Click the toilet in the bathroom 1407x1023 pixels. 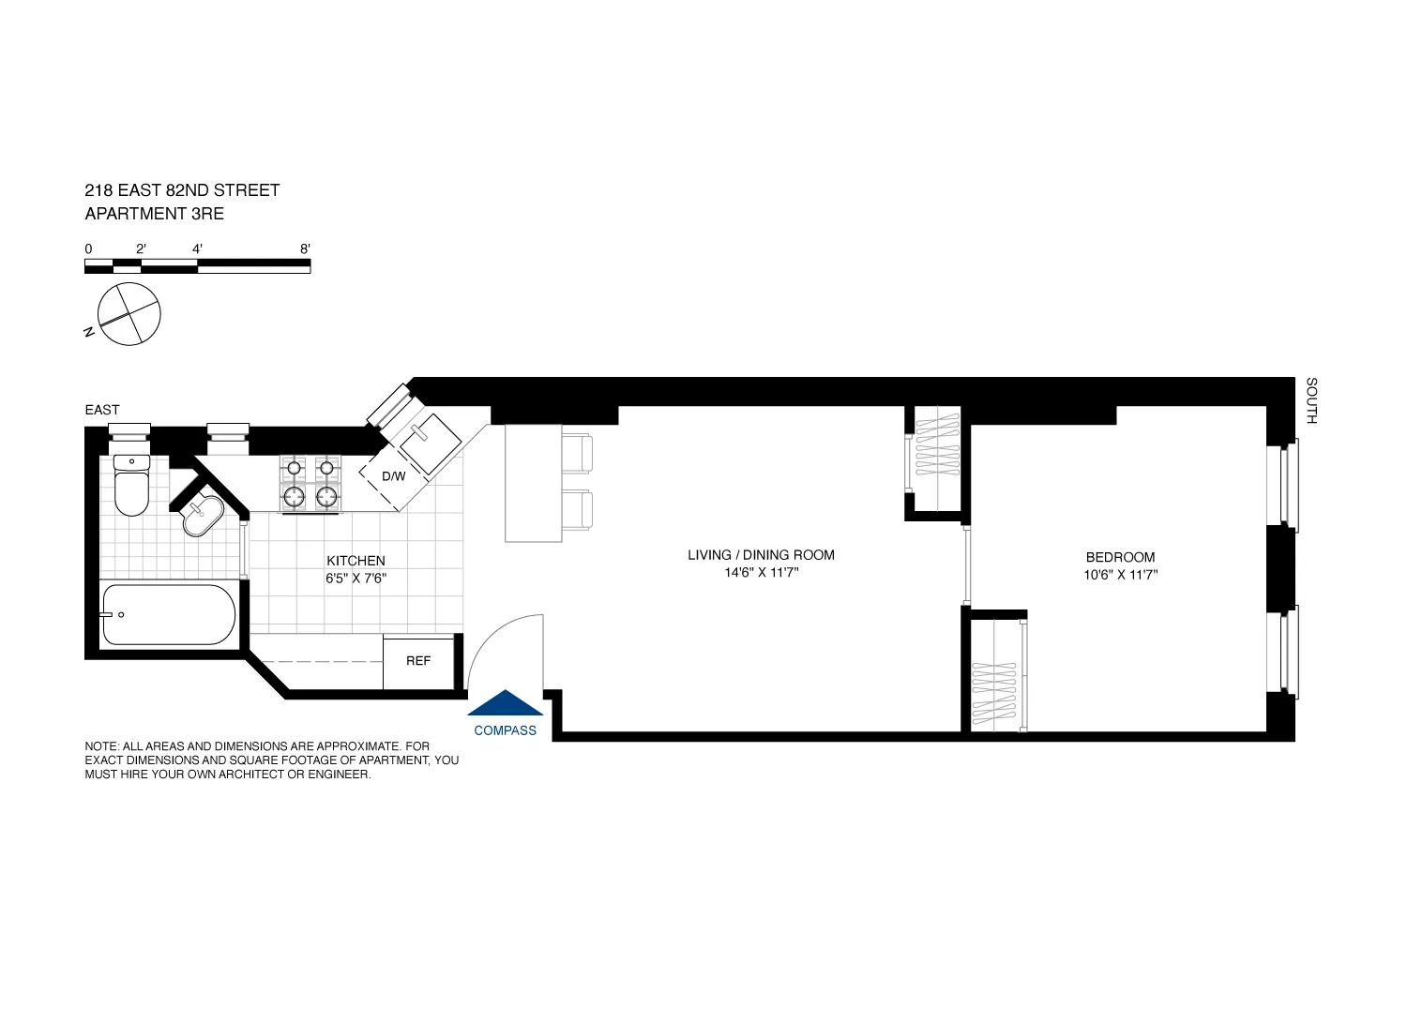[131, 488]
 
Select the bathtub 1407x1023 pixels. [169, 615]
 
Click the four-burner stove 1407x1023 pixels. [310, 484]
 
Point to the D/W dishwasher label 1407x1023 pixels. [394, 476]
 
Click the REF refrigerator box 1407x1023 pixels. [418, 661]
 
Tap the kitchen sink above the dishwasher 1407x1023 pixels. [428, 442]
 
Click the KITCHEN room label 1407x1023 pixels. [356, 561]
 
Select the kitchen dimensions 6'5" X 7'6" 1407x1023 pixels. [356, 579]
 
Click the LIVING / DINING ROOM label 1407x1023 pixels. [761, 555]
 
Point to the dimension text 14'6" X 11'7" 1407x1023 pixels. [761, 573]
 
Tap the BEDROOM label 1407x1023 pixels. [1120, 557]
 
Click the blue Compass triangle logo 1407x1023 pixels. [506, 702]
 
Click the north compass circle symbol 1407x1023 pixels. [129, 314]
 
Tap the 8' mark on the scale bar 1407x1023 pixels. [305, 249]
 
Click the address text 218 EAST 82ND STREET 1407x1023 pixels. [182, 190]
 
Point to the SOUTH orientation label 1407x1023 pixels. [1311, 400]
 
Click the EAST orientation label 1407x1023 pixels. [102, 410]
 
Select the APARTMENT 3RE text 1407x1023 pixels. [155, 214]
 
